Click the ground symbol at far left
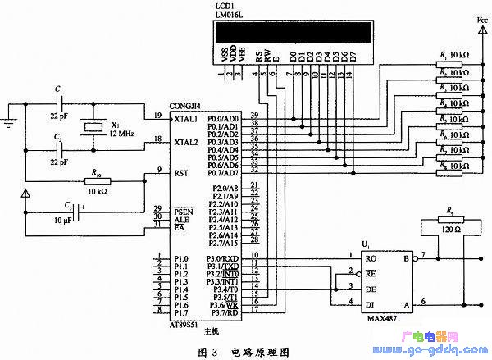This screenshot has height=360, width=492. click(x=10, y=124)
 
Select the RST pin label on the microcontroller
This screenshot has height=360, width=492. click(x=182, y=172)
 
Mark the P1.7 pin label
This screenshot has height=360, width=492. click(x=182, y=312)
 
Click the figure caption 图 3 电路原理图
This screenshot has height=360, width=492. click(x=244, y=351)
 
